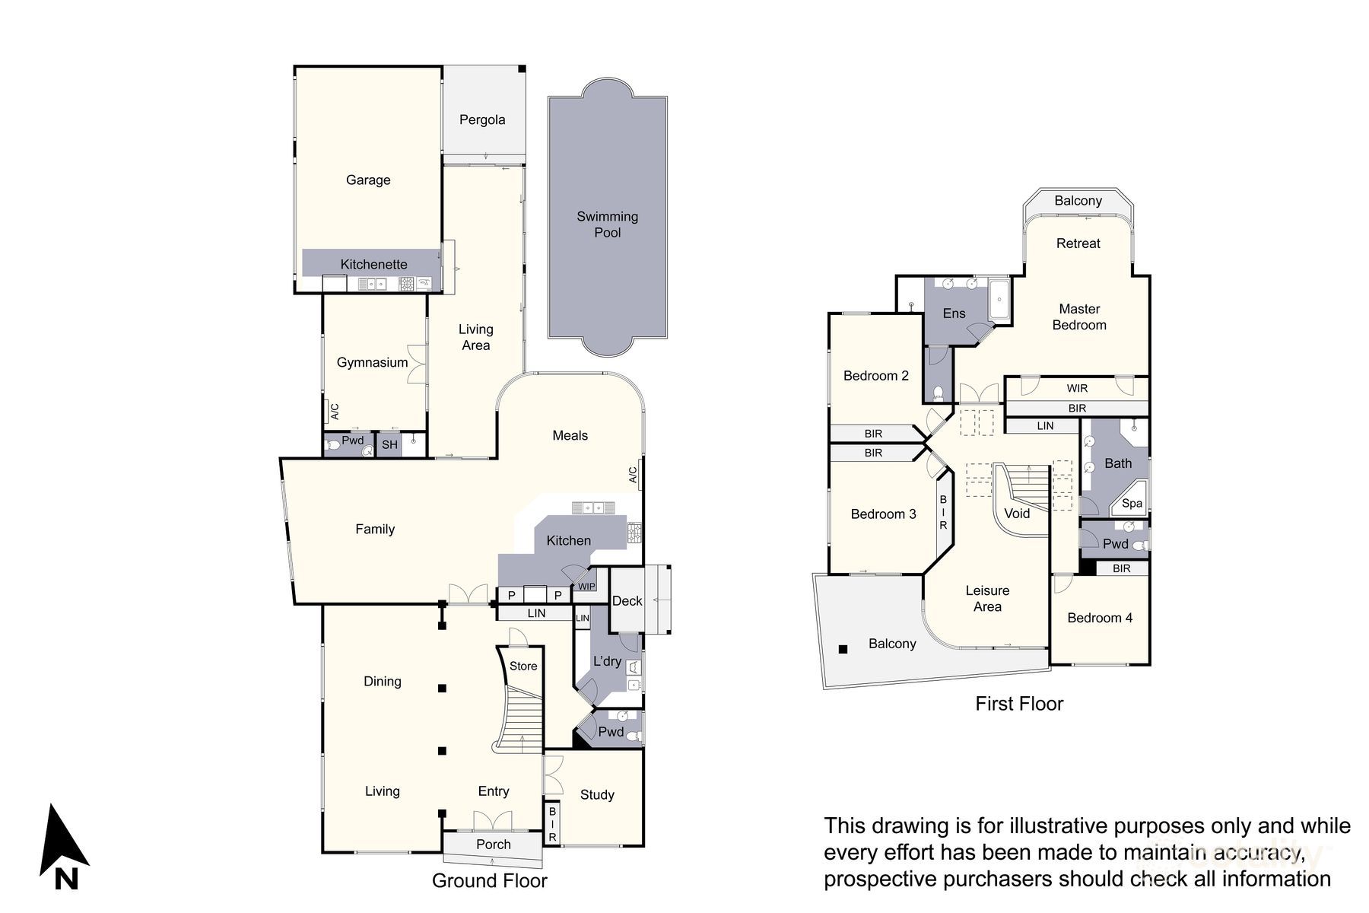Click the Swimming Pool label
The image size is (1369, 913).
607,224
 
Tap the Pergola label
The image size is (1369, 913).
482,119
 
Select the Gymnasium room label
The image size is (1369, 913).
372,362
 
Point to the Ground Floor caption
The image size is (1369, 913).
489,880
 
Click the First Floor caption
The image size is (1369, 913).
1018,704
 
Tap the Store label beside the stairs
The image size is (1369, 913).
523,666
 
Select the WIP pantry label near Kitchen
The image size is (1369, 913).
586,587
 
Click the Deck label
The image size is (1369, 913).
627,600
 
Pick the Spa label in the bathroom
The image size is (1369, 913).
1132,503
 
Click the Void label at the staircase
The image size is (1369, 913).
1016,514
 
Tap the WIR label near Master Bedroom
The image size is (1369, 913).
1077,388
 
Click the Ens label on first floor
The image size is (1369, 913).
954,313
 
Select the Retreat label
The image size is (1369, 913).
1078,243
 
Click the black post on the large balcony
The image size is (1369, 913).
843,649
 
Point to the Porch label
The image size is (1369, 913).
493,844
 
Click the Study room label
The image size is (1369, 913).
597,794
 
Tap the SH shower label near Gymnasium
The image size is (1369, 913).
389,445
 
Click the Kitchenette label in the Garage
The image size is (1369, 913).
373,264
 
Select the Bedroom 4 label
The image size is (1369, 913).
1099,618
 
